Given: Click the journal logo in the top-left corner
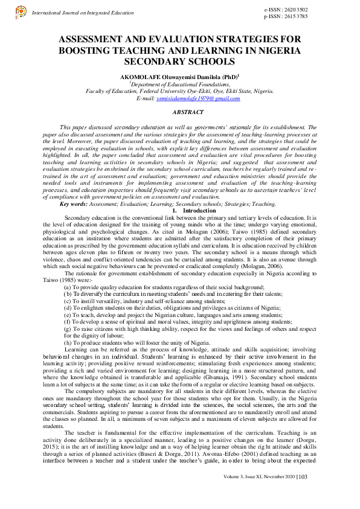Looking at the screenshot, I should pos(22,11).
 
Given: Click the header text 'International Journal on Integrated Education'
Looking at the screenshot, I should pos(83,12).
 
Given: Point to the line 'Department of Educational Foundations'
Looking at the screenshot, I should pos(179,85).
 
